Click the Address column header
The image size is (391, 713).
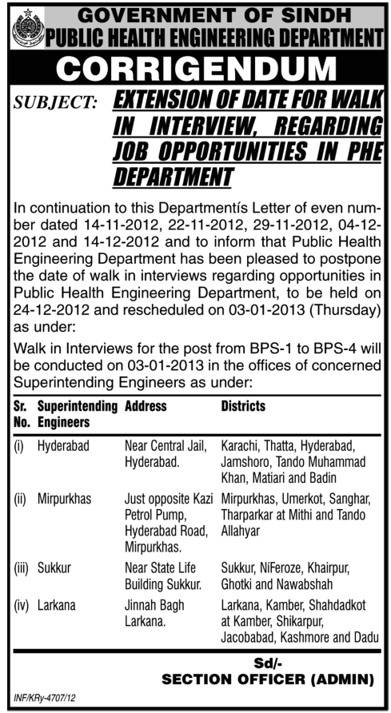coord(146,406)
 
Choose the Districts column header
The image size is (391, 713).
coord(242,406)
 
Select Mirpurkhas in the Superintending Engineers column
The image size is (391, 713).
coord(66,499)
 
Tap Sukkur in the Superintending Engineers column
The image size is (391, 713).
coord(54,567)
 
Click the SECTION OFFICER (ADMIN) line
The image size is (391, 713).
coord(268,680)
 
